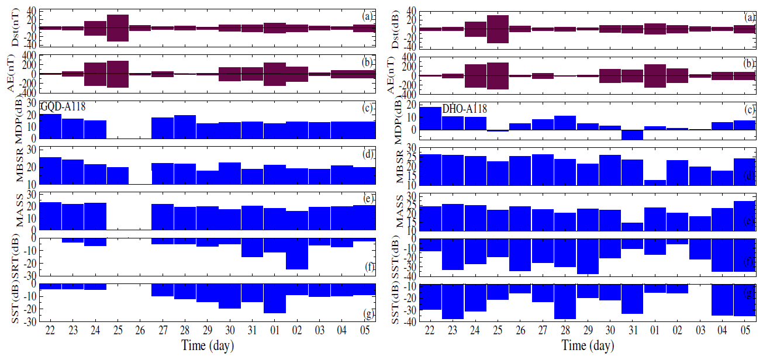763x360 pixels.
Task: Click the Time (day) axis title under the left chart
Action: click(207, 345)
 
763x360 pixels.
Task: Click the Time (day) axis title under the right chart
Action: click(588, 346)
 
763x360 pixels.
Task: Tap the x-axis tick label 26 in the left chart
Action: click(140, 331)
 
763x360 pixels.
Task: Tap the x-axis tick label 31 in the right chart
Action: click(633, 331)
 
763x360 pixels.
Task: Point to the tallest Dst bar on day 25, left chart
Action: click(118, 28)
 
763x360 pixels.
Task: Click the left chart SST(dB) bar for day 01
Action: click(274, 298)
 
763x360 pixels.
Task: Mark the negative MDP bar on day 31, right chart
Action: click(633, 134)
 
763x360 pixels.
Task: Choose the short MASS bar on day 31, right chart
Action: click(633, 227)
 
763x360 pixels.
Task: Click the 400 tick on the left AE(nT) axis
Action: click(27, 55)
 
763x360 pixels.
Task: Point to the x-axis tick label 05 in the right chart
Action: click(745, 331)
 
